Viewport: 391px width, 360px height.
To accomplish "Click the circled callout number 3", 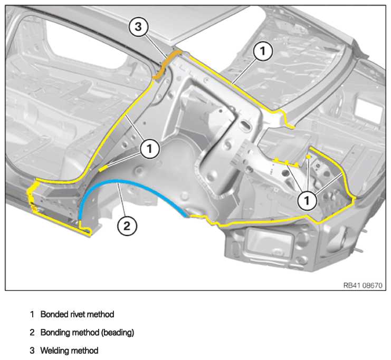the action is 138,27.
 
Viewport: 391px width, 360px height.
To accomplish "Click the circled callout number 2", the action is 127,226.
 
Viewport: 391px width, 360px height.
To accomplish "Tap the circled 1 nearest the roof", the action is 263,51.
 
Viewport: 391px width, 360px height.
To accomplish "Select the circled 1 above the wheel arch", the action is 150,149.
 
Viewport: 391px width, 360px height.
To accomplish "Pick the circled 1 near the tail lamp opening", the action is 307,200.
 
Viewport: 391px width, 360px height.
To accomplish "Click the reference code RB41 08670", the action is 363,285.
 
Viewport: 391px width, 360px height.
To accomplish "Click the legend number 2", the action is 32,333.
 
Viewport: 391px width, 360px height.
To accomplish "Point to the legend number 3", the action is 32,351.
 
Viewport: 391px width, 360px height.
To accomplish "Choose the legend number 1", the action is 32,315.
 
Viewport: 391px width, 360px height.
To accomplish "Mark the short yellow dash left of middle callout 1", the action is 103,168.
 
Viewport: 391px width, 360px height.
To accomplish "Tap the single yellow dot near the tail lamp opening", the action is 309,157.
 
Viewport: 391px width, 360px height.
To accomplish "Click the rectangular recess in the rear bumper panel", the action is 269,241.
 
